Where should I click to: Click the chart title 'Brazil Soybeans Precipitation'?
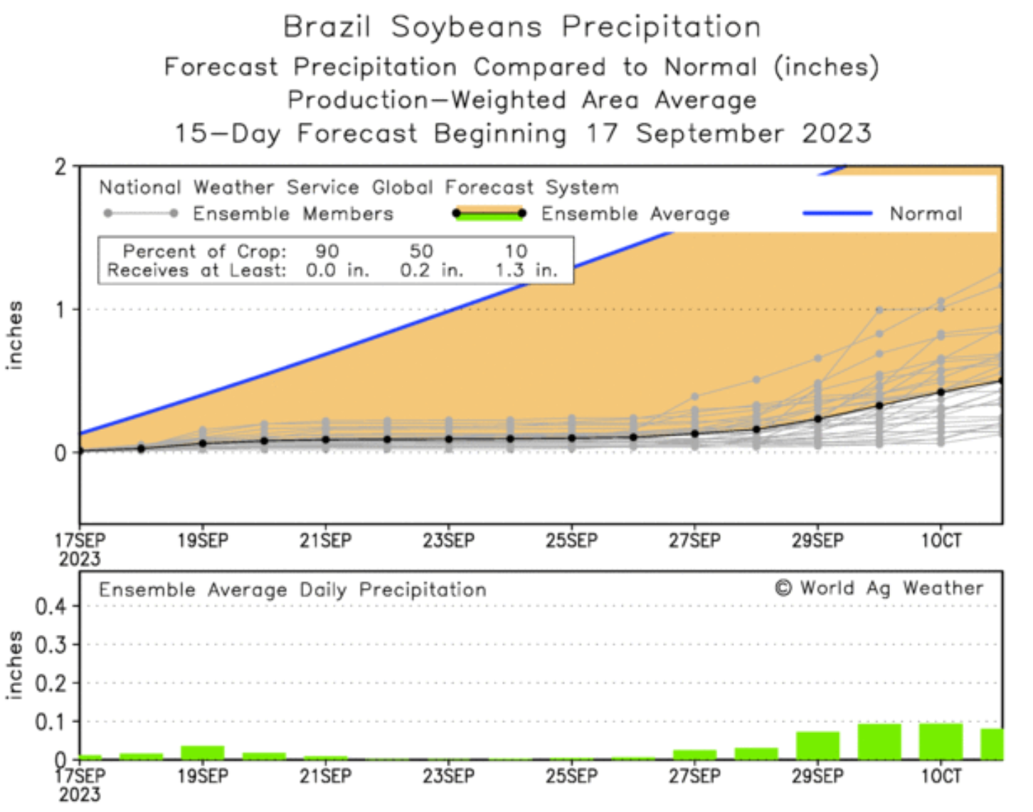coord(521,27)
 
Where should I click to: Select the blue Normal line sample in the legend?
coord(837,213)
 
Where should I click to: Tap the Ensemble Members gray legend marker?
coord(141,213)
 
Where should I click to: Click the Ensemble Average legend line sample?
coord(489,213)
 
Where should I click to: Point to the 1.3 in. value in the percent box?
coord(526,270)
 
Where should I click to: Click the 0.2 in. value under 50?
coord(431,270)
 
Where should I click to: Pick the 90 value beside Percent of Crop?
coord(327,251)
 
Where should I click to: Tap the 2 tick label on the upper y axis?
coord(60,167)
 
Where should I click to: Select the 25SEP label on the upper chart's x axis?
coord(571,541)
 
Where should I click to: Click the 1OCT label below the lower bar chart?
coord(941,776)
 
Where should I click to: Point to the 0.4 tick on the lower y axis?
coord(51,607)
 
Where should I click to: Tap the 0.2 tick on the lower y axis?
coord(51,684)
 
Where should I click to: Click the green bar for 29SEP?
coord(817,746)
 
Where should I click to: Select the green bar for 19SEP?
coord(203,753)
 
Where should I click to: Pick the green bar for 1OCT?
coord(941,742)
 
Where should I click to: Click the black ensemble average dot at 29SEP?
coord(818,419)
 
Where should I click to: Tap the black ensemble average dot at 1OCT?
coord(941,392)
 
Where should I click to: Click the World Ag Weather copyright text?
coord(879,589)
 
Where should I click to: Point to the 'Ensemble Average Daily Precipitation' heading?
coord(292,590)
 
